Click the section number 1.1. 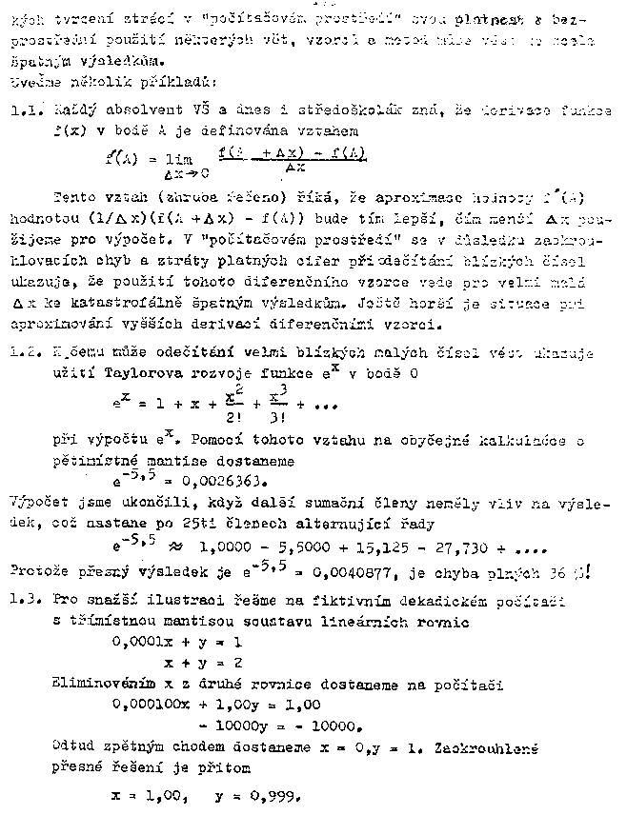click(x=24, y=111)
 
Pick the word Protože click(x=37, y=573)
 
